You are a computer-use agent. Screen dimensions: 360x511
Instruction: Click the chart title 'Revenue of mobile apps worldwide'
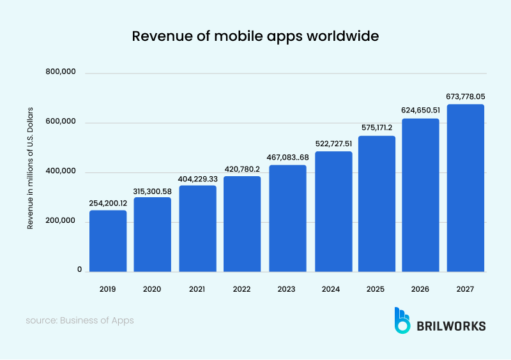click(x=256, y=36)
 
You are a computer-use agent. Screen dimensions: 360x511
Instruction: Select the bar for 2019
click(x=108, y=241)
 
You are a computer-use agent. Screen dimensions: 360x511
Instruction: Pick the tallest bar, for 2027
click(x=465, y=188)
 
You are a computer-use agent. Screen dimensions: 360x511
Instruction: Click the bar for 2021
click(x=197, y=229)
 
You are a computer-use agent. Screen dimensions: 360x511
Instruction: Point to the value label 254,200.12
click(x=108, y=202)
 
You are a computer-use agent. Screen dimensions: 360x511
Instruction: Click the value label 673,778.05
click(x=465, y=96)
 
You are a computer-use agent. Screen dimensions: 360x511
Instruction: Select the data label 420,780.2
click(x=242, y=169)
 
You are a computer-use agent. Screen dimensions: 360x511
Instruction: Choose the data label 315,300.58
click(x=153, y=190)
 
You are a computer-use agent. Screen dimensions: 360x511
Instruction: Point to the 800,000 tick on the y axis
click(x=61, y=73)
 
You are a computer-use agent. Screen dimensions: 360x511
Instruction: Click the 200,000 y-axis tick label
click(x=61, y=221)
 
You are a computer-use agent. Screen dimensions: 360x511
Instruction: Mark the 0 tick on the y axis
click(x=79, y=271)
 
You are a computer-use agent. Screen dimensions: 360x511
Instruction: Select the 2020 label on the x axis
click(x=153, y=289)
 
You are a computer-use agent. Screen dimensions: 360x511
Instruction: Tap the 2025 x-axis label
click(x=376, y=289)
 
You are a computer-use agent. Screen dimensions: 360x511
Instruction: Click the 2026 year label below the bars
click(x=420, y=289)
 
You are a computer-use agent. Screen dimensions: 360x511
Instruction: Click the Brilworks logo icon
click(x=402, y=320)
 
